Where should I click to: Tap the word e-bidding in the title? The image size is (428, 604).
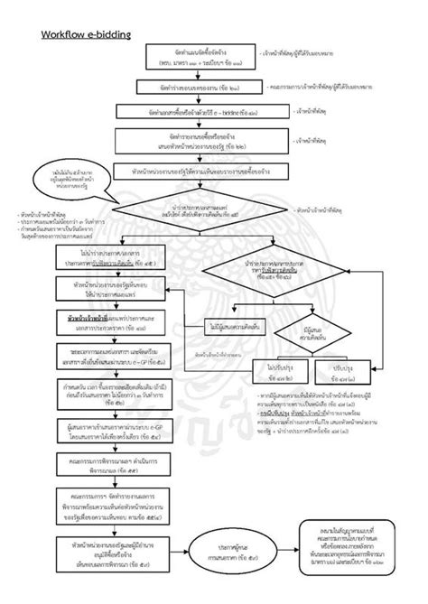(x=112, y=35)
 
